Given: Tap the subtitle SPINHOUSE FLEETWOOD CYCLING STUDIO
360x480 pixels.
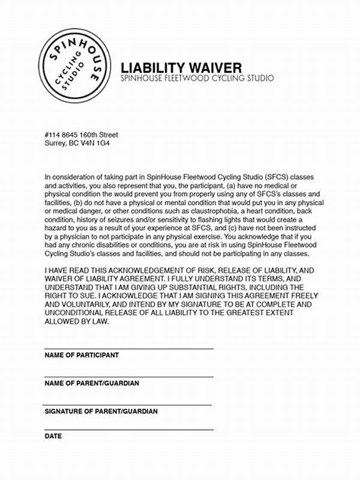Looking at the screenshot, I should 197,79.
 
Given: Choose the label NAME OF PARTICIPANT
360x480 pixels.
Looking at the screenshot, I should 81,355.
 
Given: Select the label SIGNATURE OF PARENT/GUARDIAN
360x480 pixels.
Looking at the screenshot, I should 101,412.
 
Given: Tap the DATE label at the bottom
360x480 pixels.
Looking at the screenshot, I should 53,436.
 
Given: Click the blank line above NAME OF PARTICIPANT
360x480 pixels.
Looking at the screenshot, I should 128,349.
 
